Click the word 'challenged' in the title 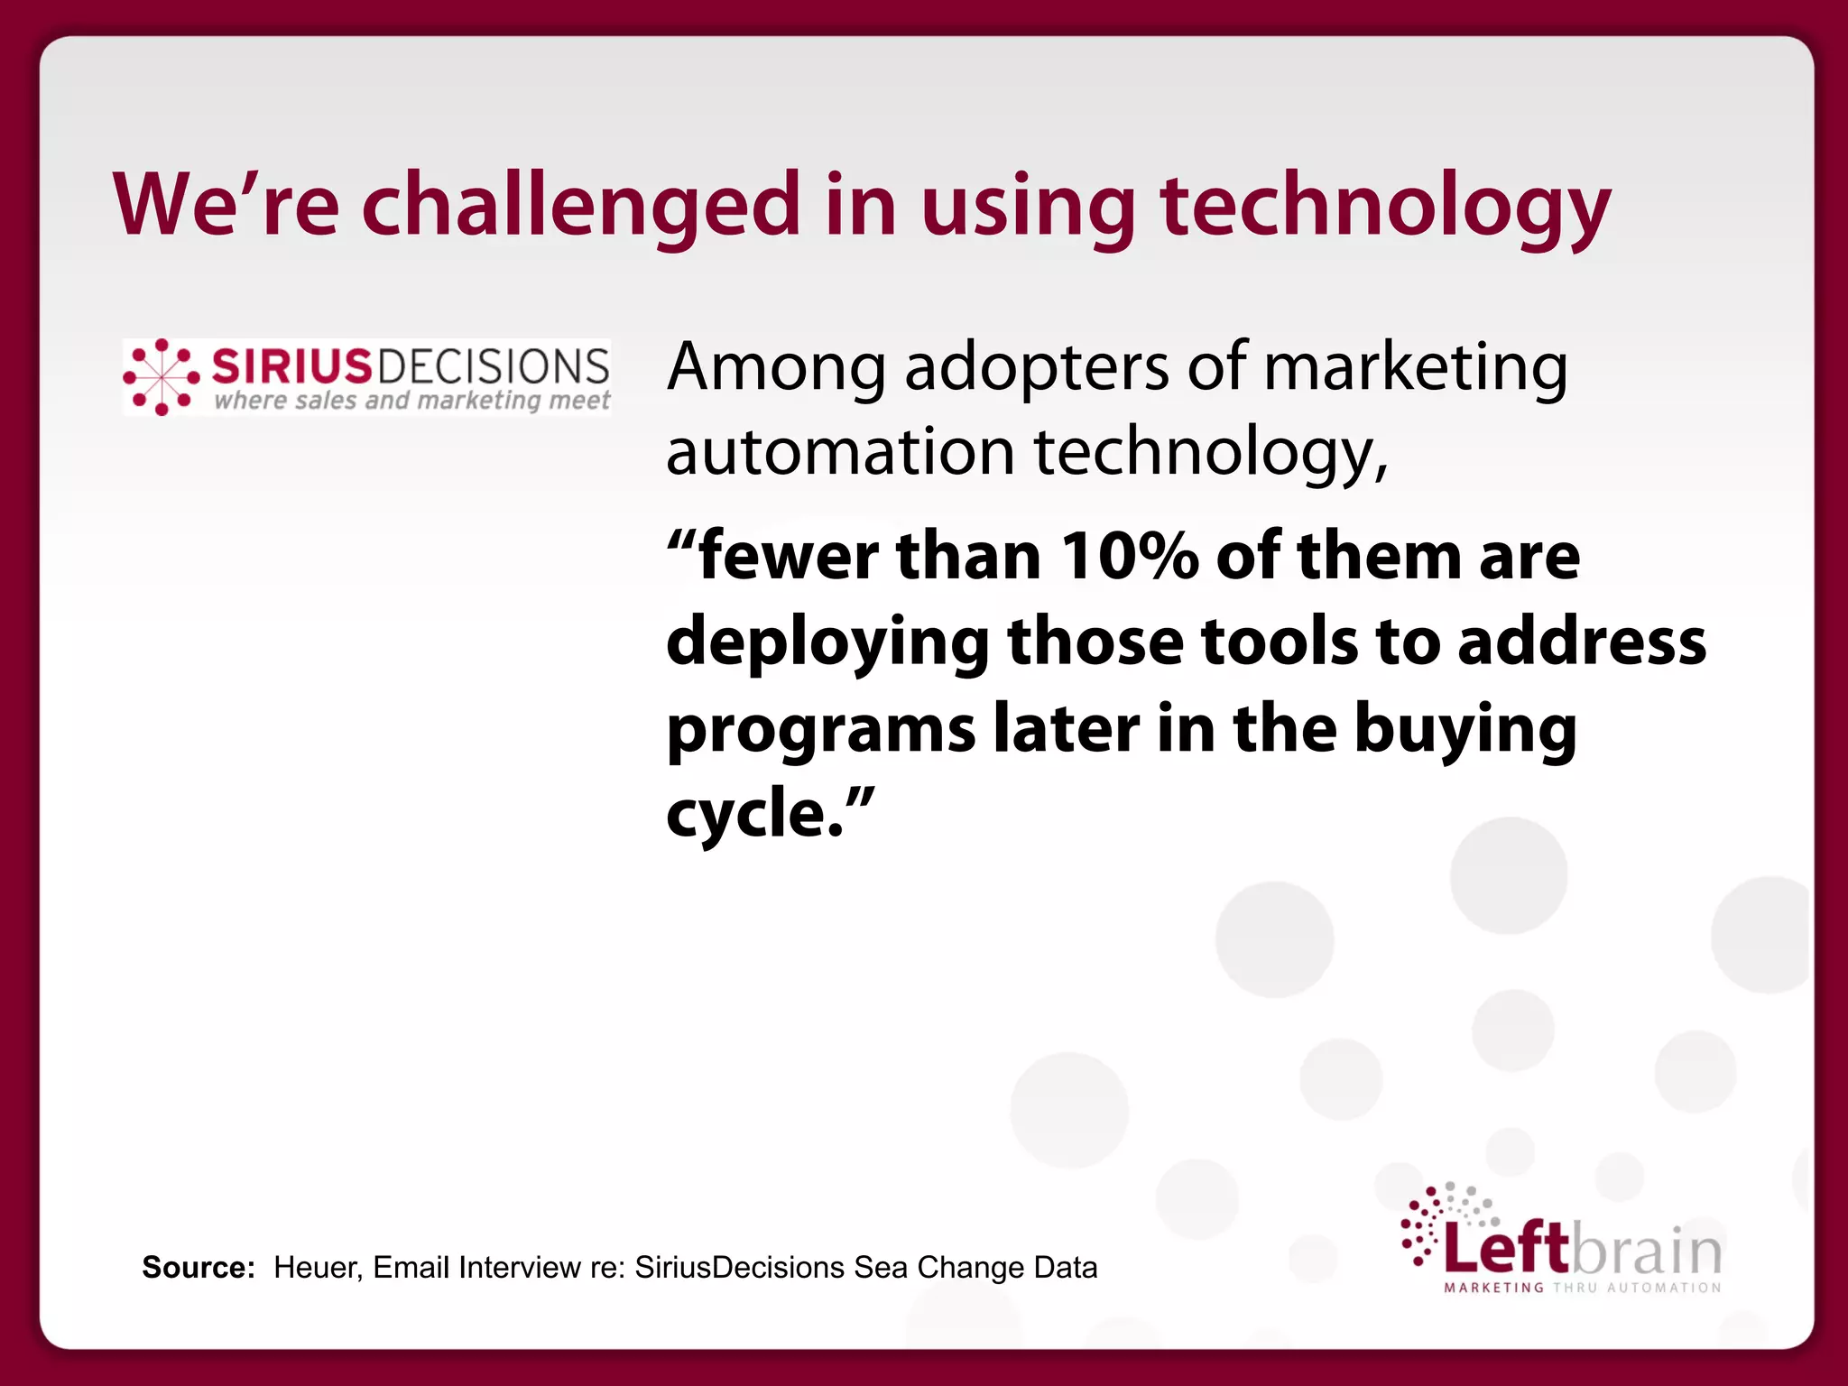[581, 206]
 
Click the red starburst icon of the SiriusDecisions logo [162, 377]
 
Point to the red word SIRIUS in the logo [291, 365]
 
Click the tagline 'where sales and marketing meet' [411, 400]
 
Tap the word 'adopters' [1036, 368]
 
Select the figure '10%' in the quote [1129, 556]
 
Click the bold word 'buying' [1465, 729]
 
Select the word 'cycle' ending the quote [744, 814]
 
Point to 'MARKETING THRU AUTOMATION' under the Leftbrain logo [1583, 1288]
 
